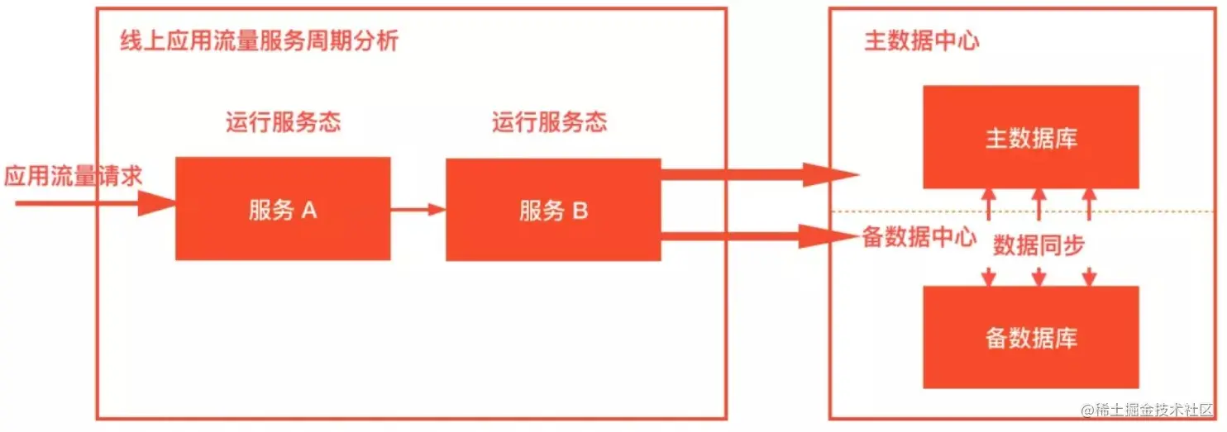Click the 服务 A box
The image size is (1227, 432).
pyautogui.click(x=282, y=208)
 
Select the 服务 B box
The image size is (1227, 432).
pyautogui.click(x=553, y=210)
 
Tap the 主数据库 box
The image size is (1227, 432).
pyautogui.click(x=1030, y=137)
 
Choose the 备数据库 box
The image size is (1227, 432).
pyautogui.click(x=1030, y=337)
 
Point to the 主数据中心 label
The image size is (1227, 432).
pyautogui.click(x=921, y=41)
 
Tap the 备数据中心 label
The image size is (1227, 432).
pyautogui.click(x=919, y=238)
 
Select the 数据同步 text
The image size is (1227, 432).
pyautogui.click(x=1038, y=245)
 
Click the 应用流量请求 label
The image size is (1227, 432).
pyautogui.click(x=73, y=176)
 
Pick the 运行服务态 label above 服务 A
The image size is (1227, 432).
pyautogui.click(x=283, y=123)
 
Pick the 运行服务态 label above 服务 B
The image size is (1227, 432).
pyautogui.click(x=549, y=123)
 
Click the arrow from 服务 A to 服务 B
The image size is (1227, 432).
pyautogui.click(x=418, y=209)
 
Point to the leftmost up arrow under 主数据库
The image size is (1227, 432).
pyautogui.click(x=988, y=203)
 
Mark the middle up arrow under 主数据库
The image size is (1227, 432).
pyautogui.click(x=1038, y=203)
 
